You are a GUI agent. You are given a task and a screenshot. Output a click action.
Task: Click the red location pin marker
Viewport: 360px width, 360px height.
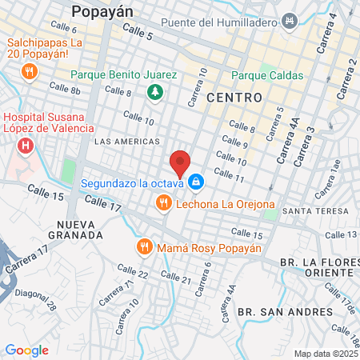[181, 162]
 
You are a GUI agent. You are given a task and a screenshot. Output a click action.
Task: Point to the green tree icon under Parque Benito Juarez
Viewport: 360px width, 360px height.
[154, 93]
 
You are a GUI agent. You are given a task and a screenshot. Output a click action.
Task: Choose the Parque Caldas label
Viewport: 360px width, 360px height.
[268, 76]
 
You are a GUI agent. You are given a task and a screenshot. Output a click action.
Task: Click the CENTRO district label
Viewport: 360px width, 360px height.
[234, 97]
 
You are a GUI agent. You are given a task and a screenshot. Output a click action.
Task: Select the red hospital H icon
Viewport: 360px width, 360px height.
[26, 145]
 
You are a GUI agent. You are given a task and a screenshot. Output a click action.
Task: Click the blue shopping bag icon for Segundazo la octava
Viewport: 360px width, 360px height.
[196, 183]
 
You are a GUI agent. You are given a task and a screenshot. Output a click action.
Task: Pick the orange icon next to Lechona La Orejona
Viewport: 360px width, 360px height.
[164, 204]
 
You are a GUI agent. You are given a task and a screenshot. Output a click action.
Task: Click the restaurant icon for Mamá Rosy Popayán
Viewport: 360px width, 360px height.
[144, 246]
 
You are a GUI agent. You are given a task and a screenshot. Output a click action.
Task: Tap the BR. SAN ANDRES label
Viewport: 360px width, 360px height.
[285, 311]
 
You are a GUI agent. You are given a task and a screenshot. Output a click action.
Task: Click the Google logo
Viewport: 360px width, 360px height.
[26, 350]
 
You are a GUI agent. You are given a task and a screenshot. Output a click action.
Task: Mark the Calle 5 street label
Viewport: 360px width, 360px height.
[138, 34]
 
